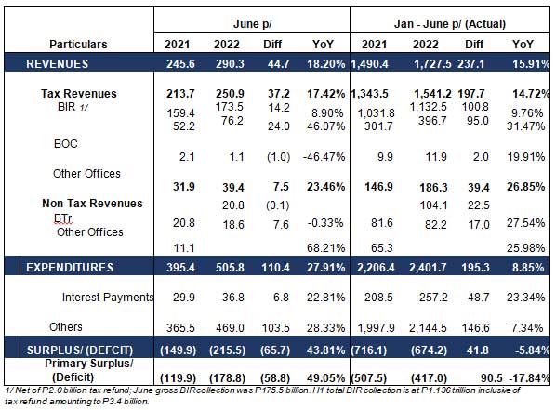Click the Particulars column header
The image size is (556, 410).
[78, 45]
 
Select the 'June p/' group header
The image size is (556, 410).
[252, 24]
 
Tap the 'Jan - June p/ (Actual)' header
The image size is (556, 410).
[450, 24]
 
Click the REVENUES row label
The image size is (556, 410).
[57, 64]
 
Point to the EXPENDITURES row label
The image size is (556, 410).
[70, 268]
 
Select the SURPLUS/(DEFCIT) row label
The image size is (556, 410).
[80, 350]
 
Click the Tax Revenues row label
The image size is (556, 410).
[79, 93]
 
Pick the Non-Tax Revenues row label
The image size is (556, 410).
[92, 204]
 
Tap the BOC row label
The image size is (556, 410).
[66, 144]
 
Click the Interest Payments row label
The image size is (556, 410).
[108, 297]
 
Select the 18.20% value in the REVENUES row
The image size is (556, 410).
[325, 64]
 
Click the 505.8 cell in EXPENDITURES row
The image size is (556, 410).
[230, 268]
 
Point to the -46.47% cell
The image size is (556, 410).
[324, 157]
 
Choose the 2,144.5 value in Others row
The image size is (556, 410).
[428, 327]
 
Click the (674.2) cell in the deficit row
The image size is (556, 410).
[429, 350]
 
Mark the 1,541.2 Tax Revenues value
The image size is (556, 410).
[432, 94]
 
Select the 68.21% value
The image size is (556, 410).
[325, 247]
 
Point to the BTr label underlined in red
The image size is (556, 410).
[63, 218]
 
